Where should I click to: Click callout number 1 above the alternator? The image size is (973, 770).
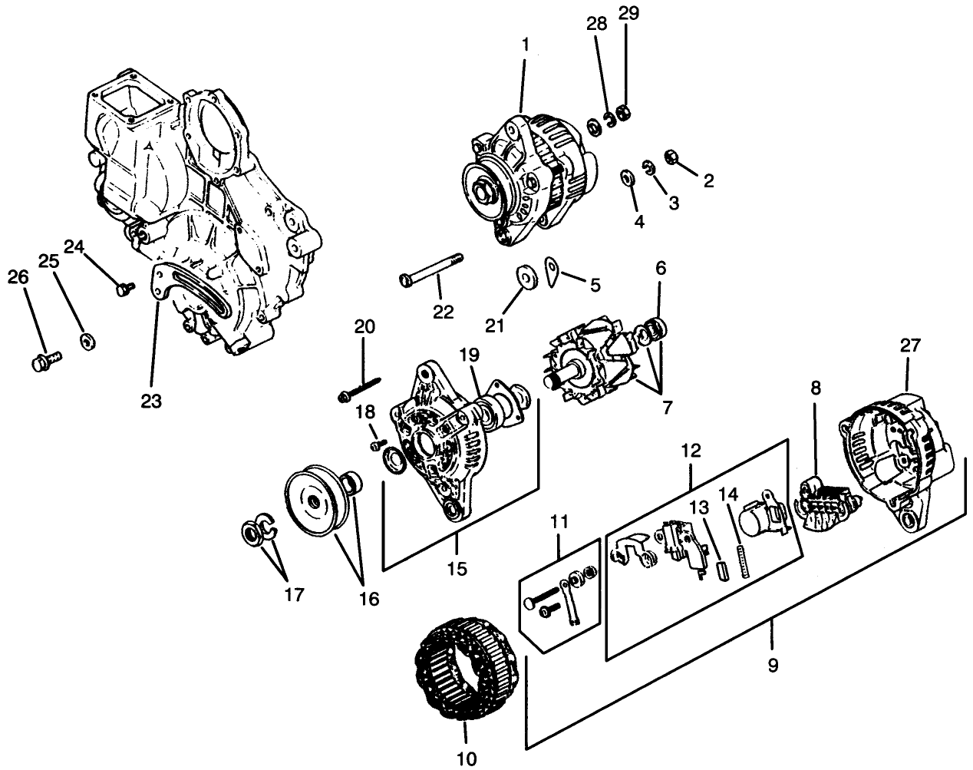526,45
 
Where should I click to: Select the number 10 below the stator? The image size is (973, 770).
466,758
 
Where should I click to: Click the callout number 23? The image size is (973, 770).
151,401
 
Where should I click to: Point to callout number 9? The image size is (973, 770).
773,665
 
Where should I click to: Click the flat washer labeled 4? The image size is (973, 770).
627,179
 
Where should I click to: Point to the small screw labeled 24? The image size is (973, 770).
123,289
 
